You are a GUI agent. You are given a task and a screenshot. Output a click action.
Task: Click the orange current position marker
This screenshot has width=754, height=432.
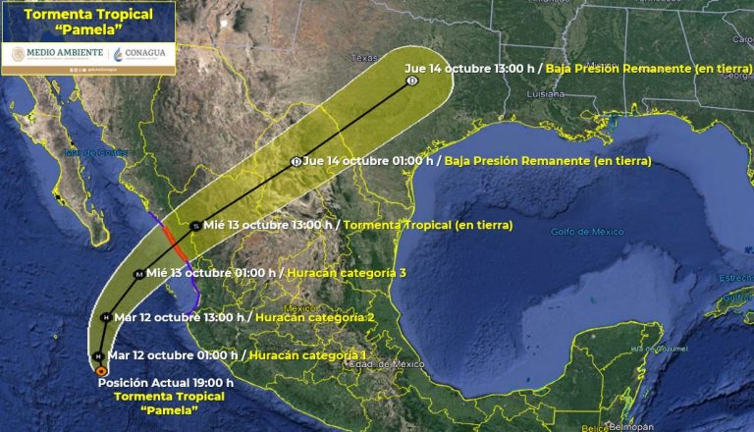click(101, 370)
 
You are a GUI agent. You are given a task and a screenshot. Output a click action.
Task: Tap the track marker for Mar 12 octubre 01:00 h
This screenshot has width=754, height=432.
click(98, 354)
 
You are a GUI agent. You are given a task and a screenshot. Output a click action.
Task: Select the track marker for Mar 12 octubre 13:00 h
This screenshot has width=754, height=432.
click(106, 316)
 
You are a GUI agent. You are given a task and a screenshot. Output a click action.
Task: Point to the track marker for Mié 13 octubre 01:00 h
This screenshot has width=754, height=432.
click(138, 273)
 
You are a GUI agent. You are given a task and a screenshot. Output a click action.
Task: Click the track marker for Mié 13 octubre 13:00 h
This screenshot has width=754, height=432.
click(196, 225)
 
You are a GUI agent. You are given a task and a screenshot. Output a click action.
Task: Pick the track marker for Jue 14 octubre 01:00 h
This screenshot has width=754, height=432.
click(296, 162)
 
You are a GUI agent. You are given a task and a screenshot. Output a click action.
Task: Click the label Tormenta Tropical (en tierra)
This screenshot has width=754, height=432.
click(429, 225)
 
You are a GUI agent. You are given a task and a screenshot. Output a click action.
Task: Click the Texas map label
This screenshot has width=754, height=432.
click(364, 56)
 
